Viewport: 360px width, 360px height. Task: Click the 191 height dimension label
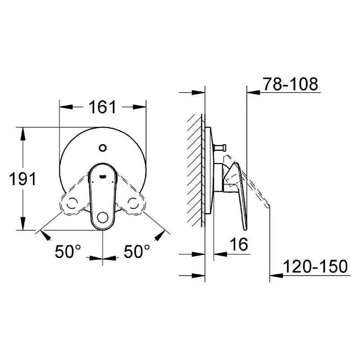(22, 179)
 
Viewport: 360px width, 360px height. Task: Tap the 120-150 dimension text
(315, 266)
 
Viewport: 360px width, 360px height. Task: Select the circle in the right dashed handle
(134, 204)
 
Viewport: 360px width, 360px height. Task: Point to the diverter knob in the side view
(221, 147)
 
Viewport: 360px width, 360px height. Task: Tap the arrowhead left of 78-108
(253, 92)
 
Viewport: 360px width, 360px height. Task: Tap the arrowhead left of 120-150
(276, 274)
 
